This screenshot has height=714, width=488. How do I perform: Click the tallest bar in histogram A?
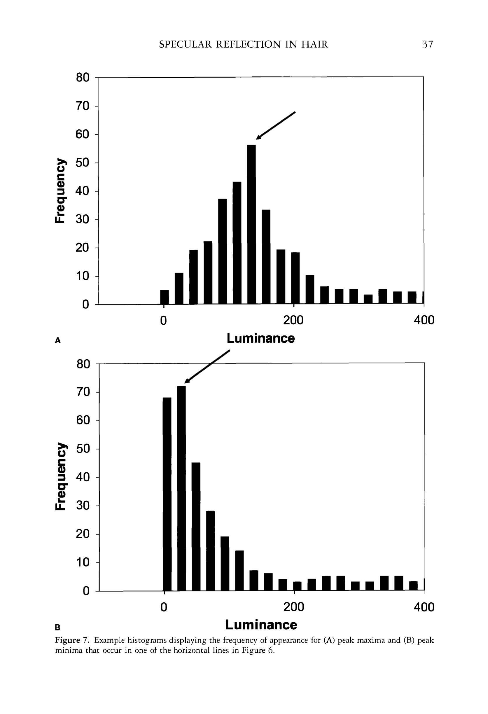[x=251, y=224]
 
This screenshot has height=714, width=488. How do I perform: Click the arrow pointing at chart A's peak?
[x=276, y=125]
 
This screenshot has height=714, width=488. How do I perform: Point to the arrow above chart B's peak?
[x=207, y=367]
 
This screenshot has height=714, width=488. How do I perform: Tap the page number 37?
[x=428, y=44]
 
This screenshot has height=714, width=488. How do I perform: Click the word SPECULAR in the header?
[x=185, y=44]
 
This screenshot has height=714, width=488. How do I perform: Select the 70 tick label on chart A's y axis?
[x=83, y=106]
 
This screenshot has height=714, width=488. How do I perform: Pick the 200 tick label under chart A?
[x=293, y=320]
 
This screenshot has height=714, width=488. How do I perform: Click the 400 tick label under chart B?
[x=424, y=607]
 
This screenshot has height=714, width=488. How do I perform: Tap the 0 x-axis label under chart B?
[x=164, y=607]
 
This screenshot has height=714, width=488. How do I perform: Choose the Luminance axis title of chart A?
[x=261, y=338]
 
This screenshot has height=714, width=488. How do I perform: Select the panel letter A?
[x=58, y=340]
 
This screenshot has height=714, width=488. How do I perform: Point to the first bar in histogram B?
[x=167, y=494]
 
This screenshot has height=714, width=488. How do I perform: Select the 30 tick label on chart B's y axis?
[x=83, y=505]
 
